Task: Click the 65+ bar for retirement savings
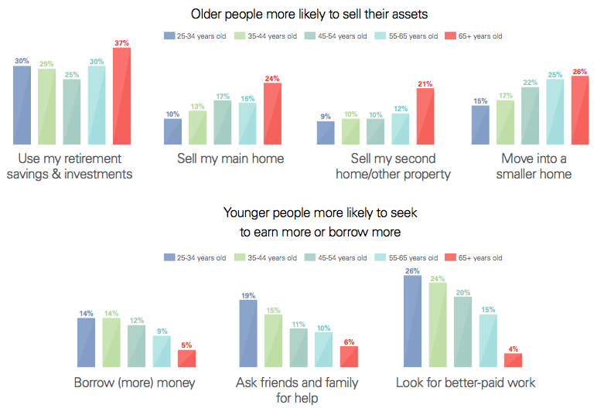pyautogui.click(x=121, y=96)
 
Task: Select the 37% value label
pyautogui.click(x=121, y=42)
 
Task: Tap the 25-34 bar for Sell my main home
pyautogui.click(x=172, y=131)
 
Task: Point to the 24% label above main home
pyautogui.click(x=272, y=78)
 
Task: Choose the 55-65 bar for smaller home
pyautogui.click(x=555, y=111)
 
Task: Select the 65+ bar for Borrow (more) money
pyautogui.click(x=186, y=359)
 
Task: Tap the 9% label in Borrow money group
pyautogui.click(x=162, y=330)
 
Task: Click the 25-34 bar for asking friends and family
pyautogui.click(x=248, y=333)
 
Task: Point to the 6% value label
pyautogui.click(x=349, y=341)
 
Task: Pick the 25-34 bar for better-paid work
pyautogui.click(x=412, y=321)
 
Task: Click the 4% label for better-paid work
pyautogui.click(x=513, y=348)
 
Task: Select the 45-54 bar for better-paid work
pyautogui.click(x=462, y=331)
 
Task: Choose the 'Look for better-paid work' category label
pyautogui.click(x=466, y=382)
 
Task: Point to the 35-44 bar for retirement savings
pyautogui.click(x=46, y=106)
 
